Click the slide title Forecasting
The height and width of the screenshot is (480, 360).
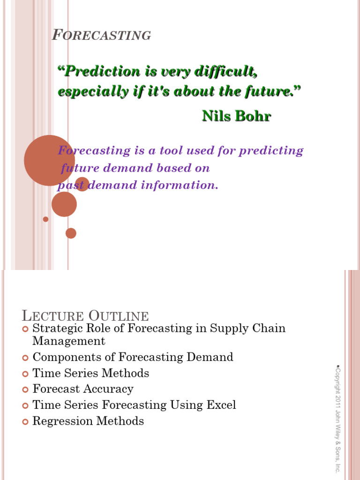(x=101, y=35)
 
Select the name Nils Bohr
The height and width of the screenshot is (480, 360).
(x=236, y=116)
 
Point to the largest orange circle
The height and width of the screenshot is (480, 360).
(x=49, y=160)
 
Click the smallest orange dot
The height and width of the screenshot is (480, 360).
(x=45, y=219)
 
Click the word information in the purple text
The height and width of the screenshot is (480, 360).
(x=186, y=185)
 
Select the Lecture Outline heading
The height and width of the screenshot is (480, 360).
(x=85, y=316)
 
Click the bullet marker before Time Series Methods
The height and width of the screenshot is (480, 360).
(x=25, y=374)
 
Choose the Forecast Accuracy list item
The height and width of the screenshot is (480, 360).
(x=83, y=389)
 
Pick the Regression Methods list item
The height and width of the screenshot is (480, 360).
(x=88, y=421)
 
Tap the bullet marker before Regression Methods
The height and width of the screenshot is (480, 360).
(x=25, y=421)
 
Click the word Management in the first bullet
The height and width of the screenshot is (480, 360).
(x=69, y=341)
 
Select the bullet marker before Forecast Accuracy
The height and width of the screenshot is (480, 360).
(x=25, y=390)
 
